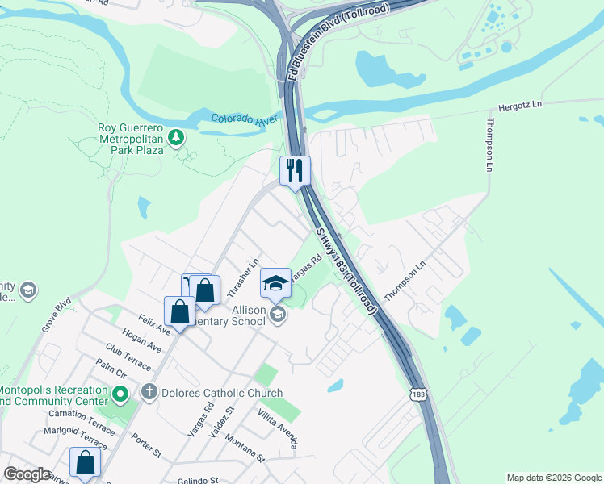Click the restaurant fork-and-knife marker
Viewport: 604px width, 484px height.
(x=295, y=170)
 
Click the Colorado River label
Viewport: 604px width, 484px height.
(x=245, y=119)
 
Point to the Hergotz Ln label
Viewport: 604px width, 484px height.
(x=519, y=105)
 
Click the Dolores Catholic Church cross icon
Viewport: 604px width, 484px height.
(x=149, y=393)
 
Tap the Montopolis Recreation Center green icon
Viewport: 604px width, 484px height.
(x=120, y=394)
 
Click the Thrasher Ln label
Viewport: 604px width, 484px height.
(x=243, y=275)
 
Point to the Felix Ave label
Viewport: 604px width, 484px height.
(x=154, y=325)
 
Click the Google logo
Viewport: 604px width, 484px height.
(x=27, y=474)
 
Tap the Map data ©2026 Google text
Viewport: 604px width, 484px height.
(x=554, y=478)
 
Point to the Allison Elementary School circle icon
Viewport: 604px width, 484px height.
(x=279, y=314)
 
